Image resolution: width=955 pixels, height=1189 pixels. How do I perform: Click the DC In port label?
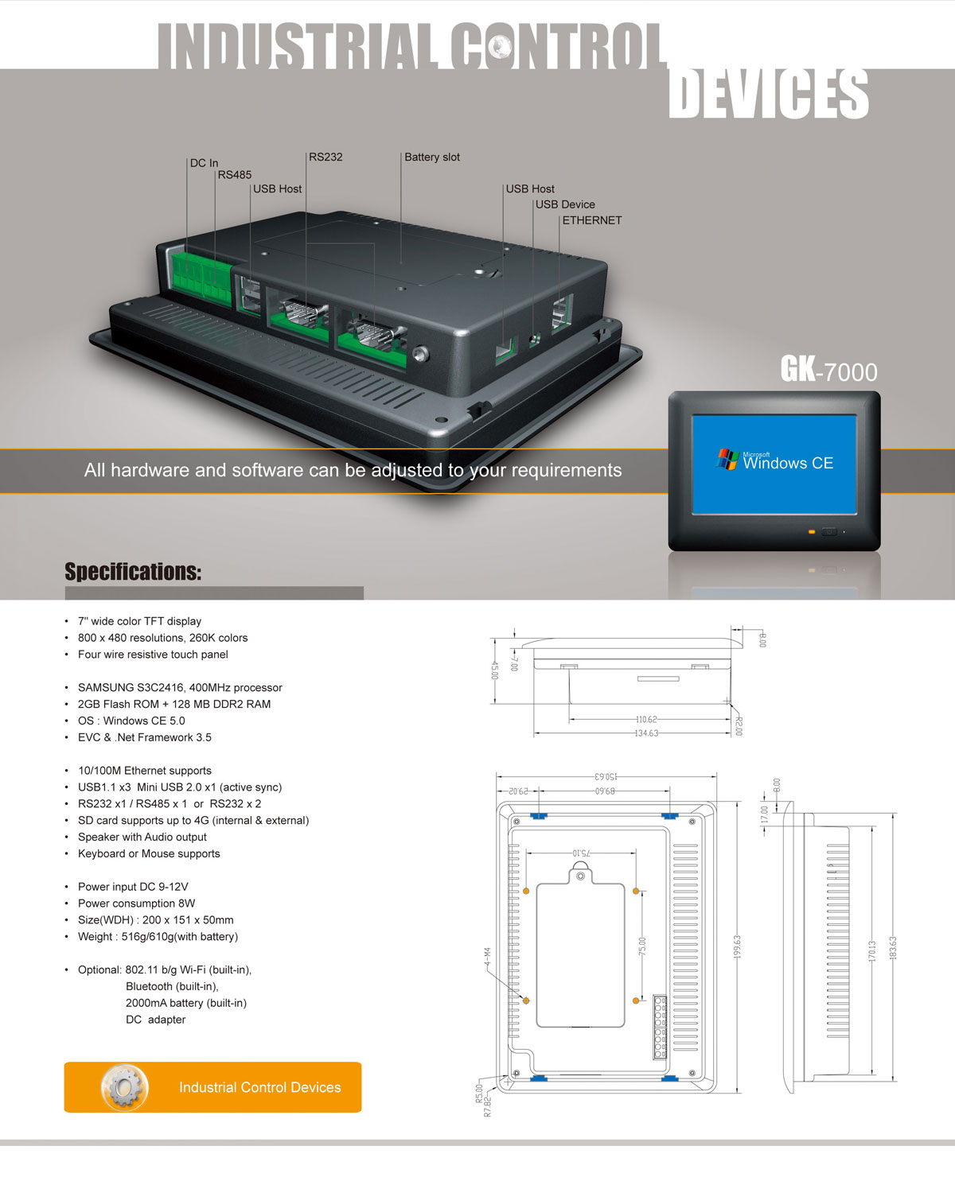pos(204,163)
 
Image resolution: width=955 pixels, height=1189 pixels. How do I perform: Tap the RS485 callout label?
pos(235,175)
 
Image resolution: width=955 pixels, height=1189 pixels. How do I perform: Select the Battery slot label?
pos(432,157)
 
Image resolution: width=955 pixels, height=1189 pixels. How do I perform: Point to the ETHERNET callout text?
pos(592,220)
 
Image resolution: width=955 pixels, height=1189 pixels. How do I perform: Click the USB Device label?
pos(565,204)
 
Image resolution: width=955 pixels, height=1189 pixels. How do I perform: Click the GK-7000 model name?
pos(828,371)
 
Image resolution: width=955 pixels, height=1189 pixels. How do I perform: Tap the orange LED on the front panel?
pos(812,531)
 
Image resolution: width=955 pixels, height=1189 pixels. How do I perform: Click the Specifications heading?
pos(133,572)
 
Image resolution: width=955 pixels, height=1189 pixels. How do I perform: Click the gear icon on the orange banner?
pos(124,1087)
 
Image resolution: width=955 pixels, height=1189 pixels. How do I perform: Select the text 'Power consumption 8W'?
pos(136,903)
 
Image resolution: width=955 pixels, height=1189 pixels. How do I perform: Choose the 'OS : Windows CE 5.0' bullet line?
pos(131,721)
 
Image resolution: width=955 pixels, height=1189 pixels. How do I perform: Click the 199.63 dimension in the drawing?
pos(737,946)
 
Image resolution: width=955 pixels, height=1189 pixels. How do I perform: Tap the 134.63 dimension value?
pos(646,733)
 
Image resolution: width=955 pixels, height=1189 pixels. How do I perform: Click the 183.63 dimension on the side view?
pos(893,946)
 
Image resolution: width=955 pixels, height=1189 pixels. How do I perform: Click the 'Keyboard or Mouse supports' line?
pos(149,853)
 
